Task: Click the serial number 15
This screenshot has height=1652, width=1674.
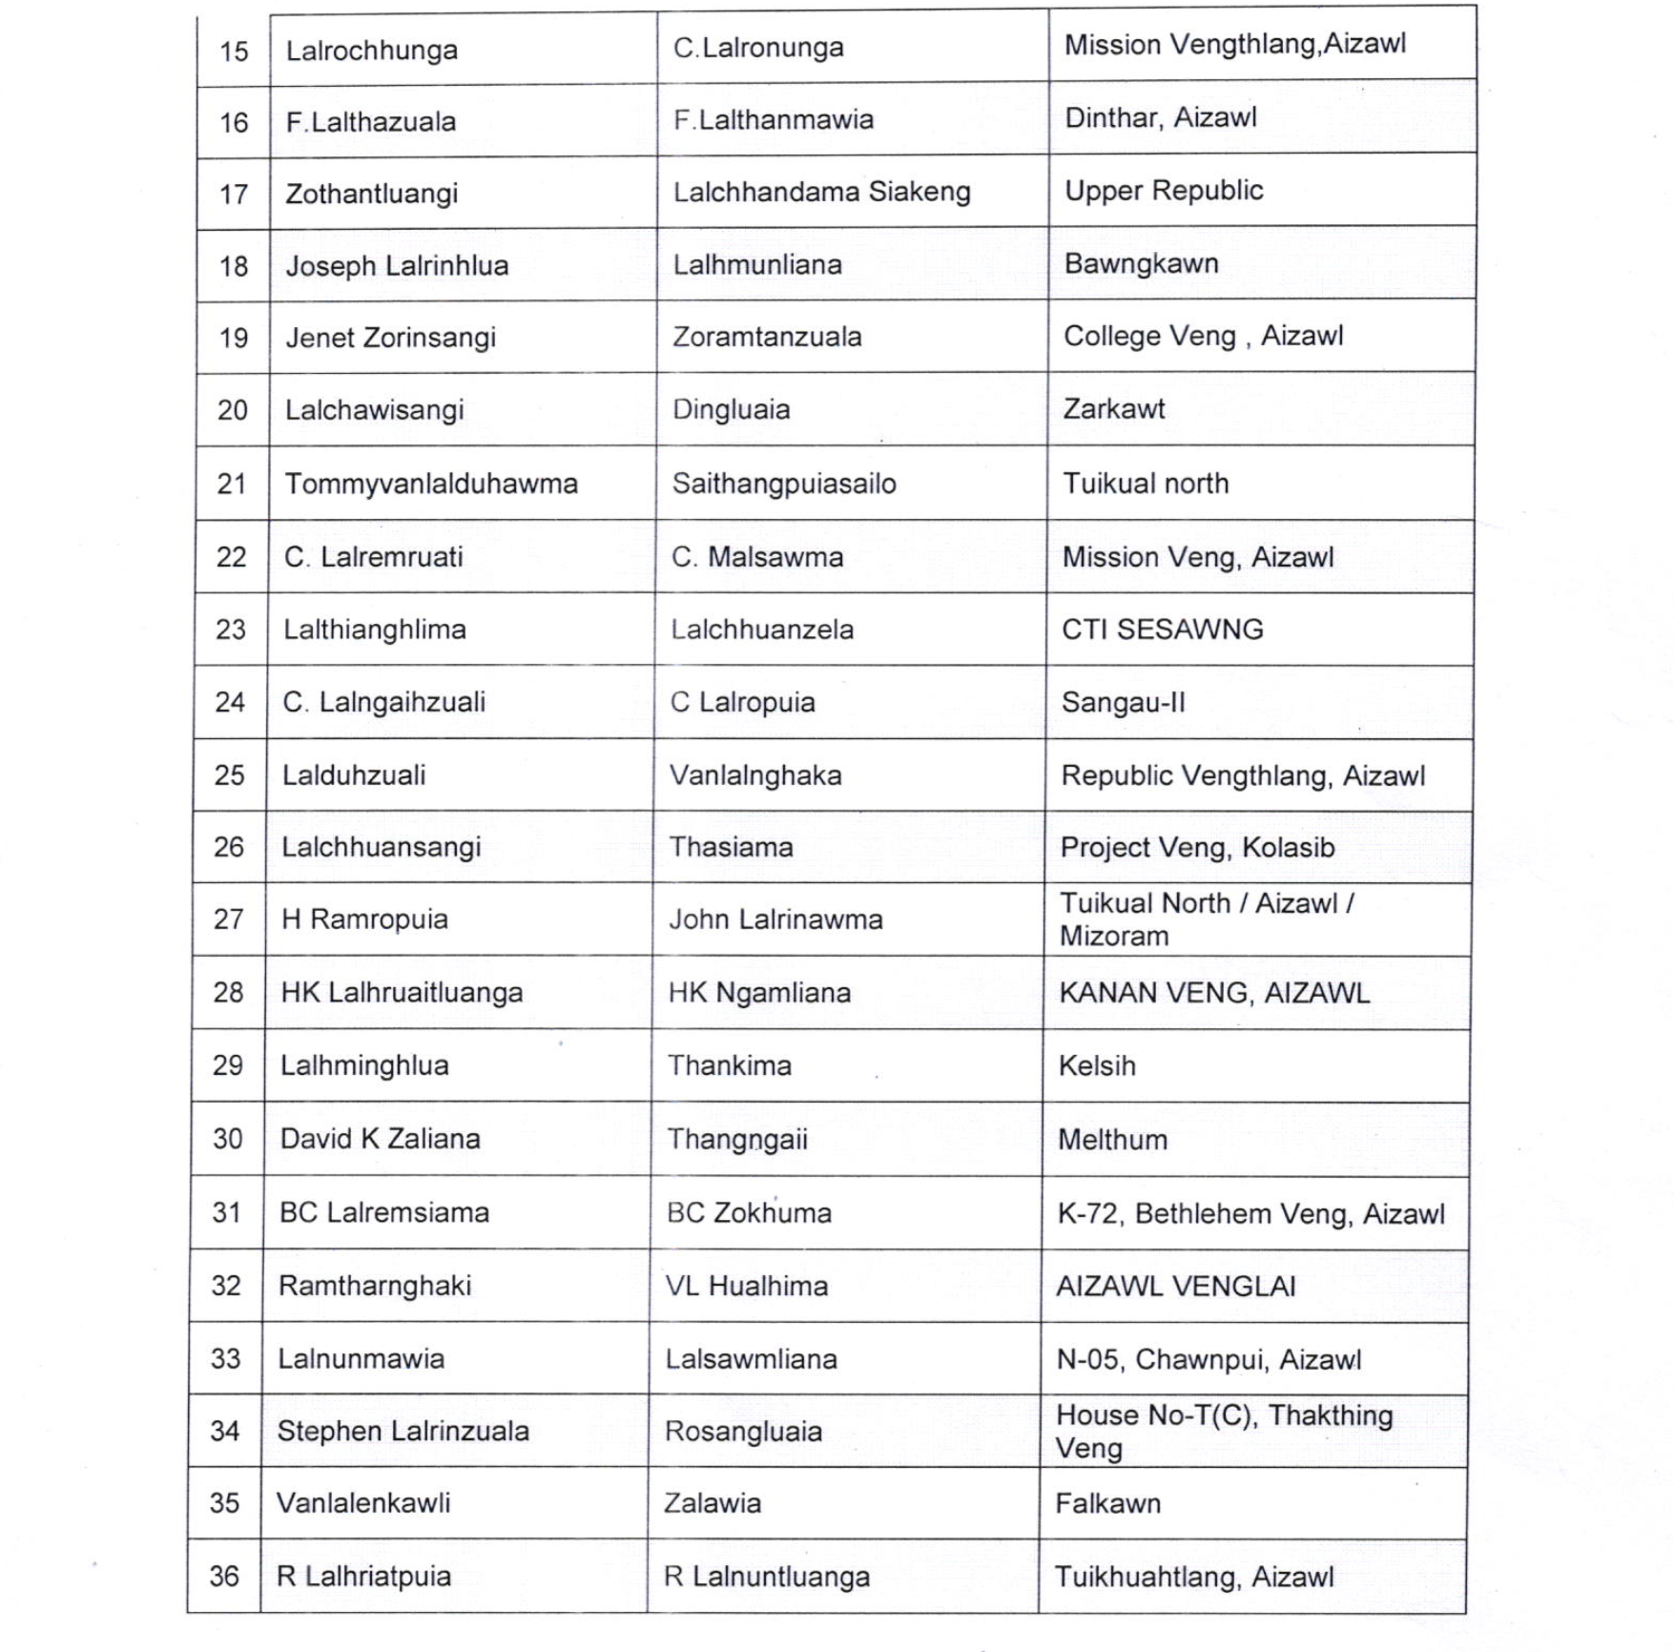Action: (234, 51)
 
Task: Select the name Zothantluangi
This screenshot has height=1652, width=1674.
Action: (371, 194)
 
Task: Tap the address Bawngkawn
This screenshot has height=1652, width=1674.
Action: (1141, 263)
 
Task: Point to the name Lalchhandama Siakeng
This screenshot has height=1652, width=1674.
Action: (821, 192)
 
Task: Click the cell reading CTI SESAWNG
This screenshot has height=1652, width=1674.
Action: (1162, 630)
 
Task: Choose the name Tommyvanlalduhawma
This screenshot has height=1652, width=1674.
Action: (431, 484)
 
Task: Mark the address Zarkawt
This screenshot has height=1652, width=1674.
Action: (1113, 409)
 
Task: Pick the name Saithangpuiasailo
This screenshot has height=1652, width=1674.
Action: (783, 484)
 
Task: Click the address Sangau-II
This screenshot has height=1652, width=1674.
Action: (1123, 703)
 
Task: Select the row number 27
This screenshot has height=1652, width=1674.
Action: (229, 919)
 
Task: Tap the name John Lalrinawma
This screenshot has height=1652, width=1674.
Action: (775, 919)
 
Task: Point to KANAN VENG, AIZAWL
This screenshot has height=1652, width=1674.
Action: (1213, 993)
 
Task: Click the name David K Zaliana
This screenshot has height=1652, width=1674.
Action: (380, 1139)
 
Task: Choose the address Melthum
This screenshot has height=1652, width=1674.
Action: (1112, 1140)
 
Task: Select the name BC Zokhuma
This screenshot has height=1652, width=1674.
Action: (749, 1213)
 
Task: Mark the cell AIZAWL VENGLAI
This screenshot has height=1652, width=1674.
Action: (1175, 1287)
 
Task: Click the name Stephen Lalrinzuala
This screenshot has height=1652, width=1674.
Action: (403, 1431)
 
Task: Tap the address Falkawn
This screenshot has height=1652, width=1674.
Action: (1107, 1504)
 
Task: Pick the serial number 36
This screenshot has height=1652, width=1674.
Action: (224, 1577)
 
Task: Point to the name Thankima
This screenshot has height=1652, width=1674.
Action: (729, 1065)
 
